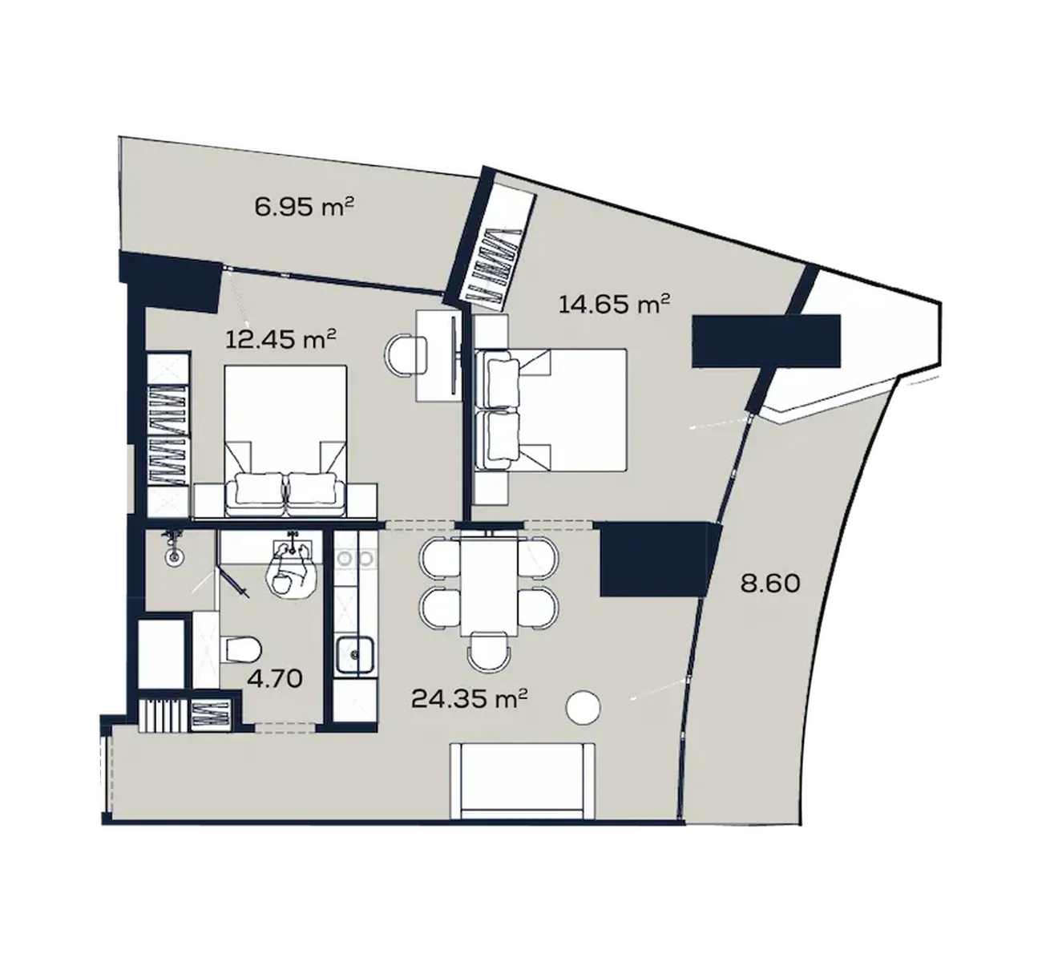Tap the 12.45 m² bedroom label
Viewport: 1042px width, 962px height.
pyautogui.click(x=281, y=340)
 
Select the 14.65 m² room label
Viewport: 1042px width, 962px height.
pyautogui.click(x=615, y=305)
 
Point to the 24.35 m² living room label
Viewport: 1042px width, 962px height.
pyautogui.click(x=470, y=698)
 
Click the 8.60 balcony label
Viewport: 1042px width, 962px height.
pyautogui.click(x=770, y=584)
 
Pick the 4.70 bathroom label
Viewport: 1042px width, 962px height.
pyautogui.click(x=275, y=678)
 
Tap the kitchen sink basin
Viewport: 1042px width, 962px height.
pyautogui.click(x=356, y=654)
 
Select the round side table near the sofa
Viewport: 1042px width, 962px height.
pyautogui.click(x=583, y=707)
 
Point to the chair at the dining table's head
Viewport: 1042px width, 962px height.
pyautogui.click(x=488, y=650)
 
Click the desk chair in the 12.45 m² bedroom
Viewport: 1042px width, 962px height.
pyautogui.click(x=406, y=356)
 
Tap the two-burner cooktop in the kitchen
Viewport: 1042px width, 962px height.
pyautogui.click(x=356, y=559)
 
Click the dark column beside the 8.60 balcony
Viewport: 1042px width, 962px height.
pyautogui.click(x=657, y=559)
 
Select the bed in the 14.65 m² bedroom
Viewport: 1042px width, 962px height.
pyautogui.click(x=551, y=410)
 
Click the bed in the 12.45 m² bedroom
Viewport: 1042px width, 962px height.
pyautogui.click(x=285, y=441)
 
